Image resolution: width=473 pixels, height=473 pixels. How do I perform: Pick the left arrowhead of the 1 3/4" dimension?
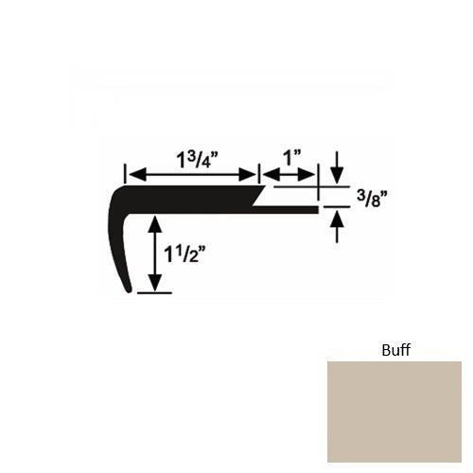pyautogui.click(x=133, y=174)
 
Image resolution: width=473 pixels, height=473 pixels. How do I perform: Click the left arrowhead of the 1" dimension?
pyautogui.click(x=269, y=174)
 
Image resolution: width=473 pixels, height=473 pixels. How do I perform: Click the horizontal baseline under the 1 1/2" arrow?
pyautogui.click(x=155, y=293)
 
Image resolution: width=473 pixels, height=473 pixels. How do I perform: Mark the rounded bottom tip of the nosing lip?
pyautogui.click(x=131, y=291)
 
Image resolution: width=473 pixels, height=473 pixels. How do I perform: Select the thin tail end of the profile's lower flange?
pyautogui.click(x=316, y=207)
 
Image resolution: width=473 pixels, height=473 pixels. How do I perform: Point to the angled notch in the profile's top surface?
pyautogui.click(x=261, y=198)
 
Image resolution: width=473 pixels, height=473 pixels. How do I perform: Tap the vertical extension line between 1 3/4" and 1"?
pyautogui.click(x=260, y=175)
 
